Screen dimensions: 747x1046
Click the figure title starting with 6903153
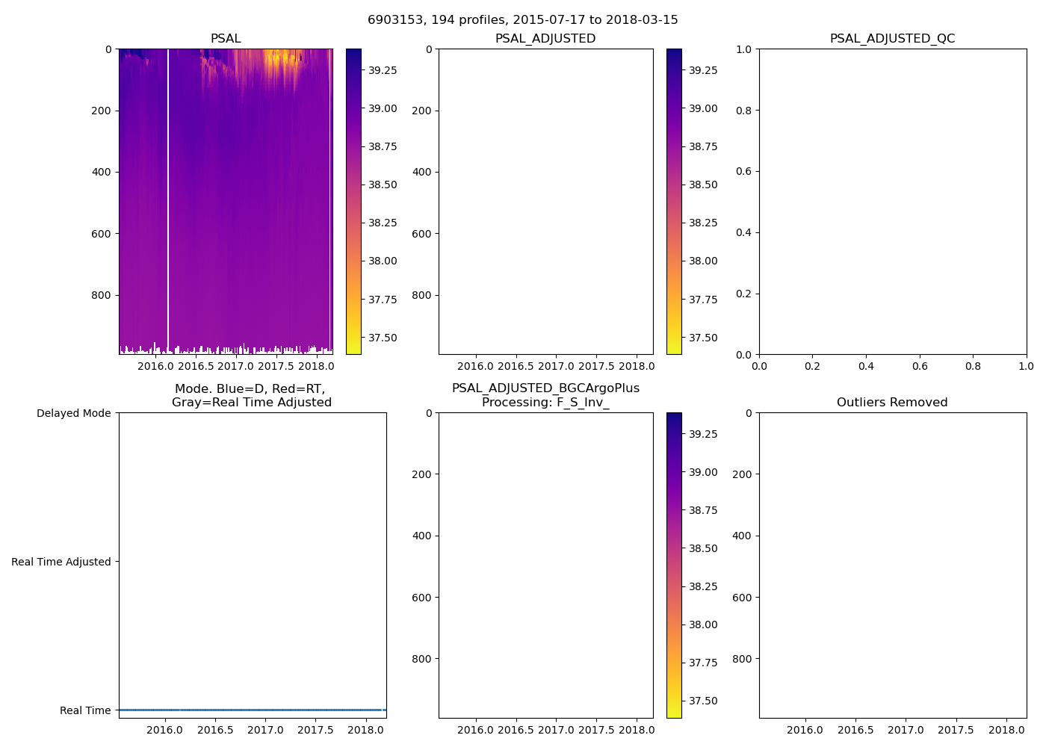522,20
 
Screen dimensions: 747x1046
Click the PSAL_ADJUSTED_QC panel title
892,38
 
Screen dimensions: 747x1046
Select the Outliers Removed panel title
892,402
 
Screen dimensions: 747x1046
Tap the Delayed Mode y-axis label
73,413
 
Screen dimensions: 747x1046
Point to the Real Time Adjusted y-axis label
61,562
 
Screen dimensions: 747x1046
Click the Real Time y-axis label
84,710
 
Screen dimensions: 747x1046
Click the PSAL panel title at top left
226,38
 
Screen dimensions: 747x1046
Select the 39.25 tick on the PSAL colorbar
383,70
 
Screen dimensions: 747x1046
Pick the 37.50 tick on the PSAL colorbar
383,338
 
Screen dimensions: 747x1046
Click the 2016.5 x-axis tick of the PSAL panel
196,366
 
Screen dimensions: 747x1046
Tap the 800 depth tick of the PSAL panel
101,295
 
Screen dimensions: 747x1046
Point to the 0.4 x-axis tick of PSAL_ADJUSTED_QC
866,366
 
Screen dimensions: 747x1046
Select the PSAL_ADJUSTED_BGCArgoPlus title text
545,388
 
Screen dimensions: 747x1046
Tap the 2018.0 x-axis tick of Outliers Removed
1006,730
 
